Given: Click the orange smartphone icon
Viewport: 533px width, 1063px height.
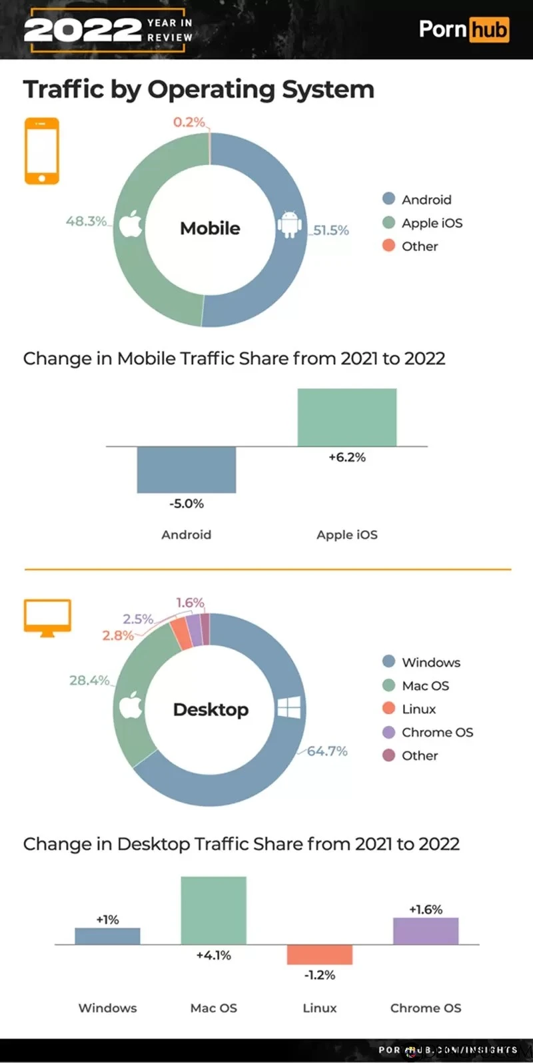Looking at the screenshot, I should pos(41,151).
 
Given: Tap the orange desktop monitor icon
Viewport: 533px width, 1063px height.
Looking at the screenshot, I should pos(47,617).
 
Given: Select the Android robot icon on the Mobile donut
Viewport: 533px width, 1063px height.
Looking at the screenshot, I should pos(289,224).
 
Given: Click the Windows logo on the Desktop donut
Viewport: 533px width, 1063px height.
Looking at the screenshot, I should pos(288,708).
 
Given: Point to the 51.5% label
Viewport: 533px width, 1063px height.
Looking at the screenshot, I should pos(331,230).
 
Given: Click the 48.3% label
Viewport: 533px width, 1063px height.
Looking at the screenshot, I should pos(86,221).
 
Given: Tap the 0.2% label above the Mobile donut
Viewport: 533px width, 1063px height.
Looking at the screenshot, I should pos(189,122).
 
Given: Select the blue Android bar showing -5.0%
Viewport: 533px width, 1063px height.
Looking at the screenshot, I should pos(187,470).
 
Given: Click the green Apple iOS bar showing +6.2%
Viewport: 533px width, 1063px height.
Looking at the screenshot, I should pos(347,418).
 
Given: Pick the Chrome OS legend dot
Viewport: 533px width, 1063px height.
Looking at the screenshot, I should pos(389,732).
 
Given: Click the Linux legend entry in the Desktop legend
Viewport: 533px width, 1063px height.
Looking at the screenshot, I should pos(418,709).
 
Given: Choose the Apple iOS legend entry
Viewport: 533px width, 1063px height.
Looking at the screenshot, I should pos(432,223).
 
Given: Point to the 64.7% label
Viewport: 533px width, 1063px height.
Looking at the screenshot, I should pos(327,751).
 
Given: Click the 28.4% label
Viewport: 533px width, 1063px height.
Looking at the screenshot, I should pos(89,680).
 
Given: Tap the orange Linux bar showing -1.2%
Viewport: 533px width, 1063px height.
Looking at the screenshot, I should pos(320,954).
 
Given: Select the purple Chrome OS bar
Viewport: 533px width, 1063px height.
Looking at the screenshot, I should pos(426,931).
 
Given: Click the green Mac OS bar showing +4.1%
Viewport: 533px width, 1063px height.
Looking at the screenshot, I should pos(214,910).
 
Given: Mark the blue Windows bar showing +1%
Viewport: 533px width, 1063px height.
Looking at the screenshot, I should pos(107,936).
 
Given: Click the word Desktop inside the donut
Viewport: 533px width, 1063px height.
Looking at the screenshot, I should pos(211,709).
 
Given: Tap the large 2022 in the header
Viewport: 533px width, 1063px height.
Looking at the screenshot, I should pos(83,30).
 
